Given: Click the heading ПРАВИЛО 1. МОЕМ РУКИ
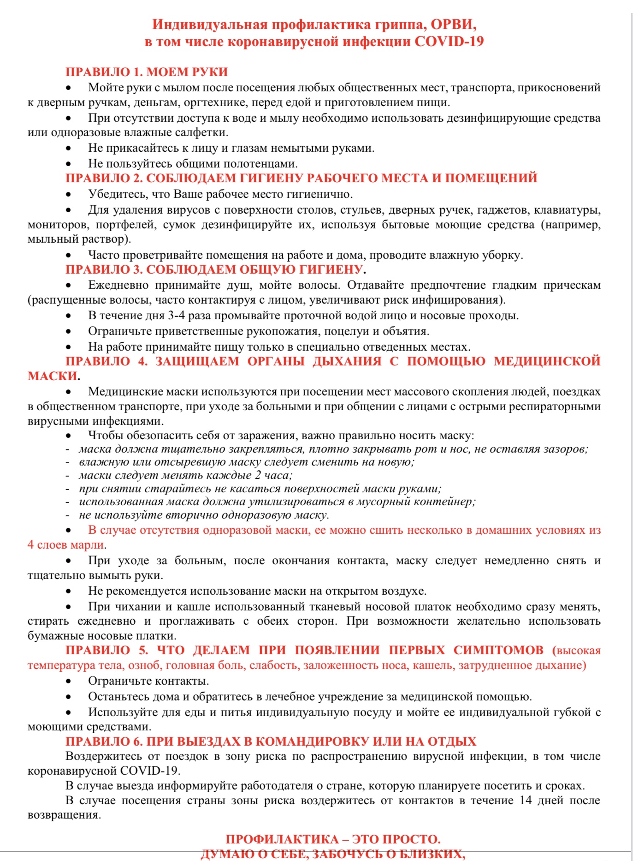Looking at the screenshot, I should [147, 72].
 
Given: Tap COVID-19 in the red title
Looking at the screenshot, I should [449, 42].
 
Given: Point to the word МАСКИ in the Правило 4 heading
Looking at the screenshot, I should [52, 376].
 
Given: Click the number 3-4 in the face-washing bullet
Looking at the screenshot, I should [177, 316].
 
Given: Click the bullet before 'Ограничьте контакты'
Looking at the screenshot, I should [68, 682].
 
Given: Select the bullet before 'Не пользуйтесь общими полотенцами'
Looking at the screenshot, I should [68, 164].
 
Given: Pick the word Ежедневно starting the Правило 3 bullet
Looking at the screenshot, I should [118, 285].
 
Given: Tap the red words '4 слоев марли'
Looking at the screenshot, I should [66, 545].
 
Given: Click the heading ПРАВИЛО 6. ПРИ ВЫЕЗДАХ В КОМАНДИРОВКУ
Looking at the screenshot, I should [271, 741].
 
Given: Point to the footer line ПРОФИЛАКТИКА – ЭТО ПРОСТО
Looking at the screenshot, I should [333, 839].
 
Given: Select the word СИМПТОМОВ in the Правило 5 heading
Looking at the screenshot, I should [498, 650].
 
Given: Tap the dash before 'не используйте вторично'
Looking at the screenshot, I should [68, 515].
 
